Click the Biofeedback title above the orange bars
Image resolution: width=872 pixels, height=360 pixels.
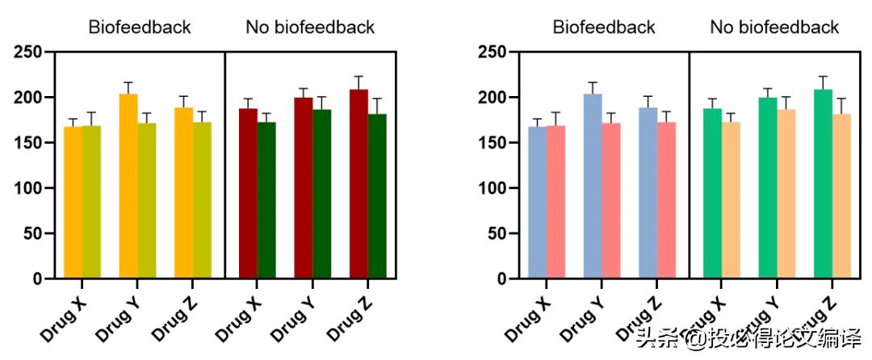coord(140,27)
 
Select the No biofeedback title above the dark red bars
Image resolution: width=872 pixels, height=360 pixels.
coord(310,27)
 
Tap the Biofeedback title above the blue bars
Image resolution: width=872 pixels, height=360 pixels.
coord(604,27)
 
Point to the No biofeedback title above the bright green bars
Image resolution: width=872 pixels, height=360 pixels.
coord(774,27)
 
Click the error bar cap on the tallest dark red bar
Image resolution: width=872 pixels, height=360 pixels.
coord(358,77)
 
